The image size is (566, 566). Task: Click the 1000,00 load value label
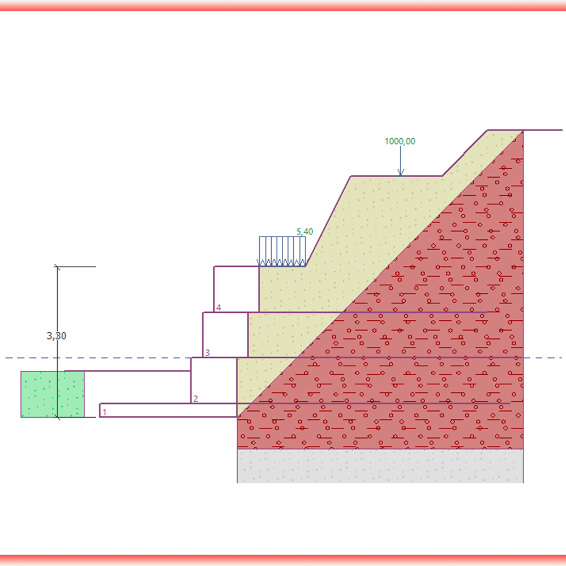click(400, 141)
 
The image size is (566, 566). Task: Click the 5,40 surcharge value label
click(305, 232)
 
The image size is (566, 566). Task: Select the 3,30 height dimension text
click(57, 336)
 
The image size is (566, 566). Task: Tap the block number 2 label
click(195, 398)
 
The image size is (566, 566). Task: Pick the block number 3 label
click(207, 353)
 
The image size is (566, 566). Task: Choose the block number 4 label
click(218, 307)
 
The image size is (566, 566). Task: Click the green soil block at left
click(52, 394)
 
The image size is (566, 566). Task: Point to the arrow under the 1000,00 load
click(400, 161)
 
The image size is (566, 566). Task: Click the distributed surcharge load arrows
click(282, 252)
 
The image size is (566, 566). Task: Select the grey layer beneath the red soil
click(379, 466)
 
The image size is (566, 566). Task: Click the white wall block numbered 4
click(236, 289)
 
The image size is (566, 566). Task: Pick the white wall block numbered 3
click(225, 335)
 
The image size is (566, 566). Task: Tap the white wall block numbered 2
click(213, 380)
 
